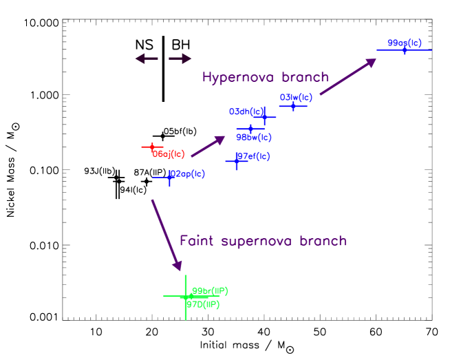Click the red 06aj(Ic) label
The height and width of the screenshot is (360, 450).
(169, 154)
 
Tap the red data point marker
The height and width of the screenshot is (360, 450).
(152, 147)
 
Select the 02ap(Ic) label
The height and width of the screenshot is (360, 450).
(187, 174)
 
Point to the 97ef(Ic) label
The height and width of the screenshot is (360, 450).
(253, 157)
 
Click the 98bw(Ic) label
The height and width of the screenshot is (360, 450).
(254, 138)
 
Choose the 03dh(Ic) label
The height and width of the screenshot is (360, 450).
(246, 112)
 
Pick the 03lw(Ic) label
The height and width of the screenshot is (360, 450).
(297, 98)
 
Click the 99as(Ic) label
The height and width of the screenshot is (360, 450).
(405, 43)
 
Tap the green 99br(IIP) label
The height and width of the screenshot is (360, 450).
(210, 291)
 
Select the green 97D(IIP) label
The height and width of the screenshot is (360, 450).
(204, 304)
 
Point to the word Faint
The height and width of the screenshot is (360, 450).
(197, 241)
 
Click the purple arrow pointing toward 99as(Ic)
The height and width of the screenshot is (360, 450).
(348, 76)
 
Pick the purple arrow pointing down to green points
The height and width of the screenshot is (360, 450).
(167, 235)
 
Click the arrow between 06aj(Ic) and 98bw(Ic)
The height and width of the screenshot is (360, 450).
(208, 146)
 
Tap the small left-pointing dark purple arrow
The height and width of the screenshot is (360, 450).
(146, 59)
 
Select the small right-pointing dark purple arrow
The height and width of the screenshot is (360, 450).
(180, 59)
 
